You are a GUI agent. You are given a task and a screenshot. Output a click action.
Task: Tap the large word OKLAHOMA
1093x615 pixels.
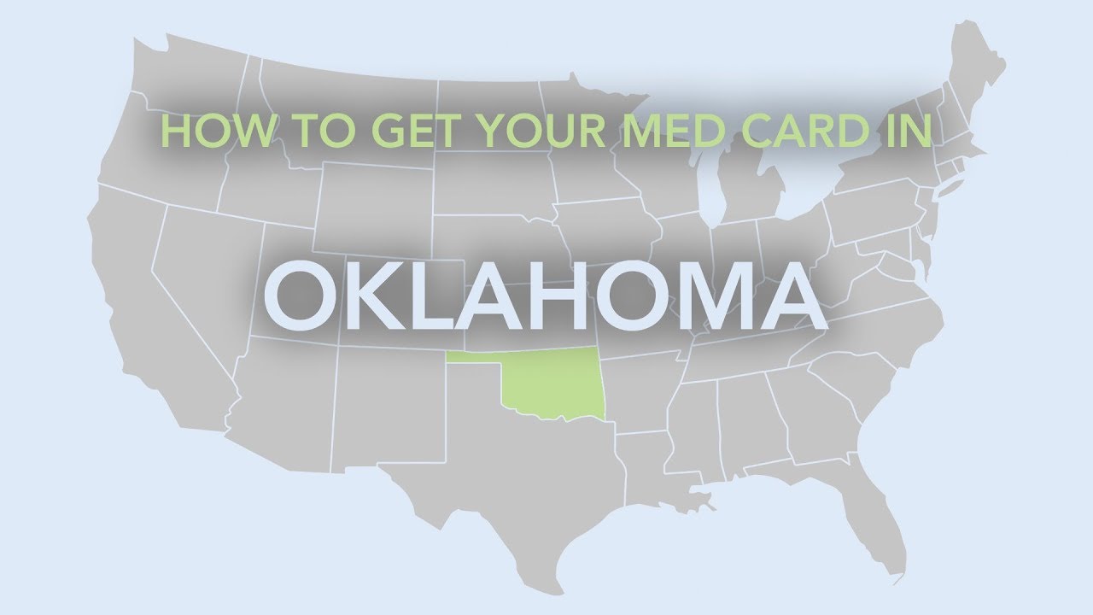[546, 296]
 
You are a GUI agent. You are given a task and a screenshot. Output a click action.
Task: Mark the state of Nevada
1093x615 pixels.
[205, 273]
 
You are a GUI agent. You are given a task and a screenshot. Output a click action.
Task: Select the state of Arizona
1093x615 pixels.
[282, 401]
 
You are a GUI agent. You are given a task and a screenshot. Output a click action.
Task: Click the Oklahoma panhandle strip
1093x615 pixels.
[474, 359]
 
